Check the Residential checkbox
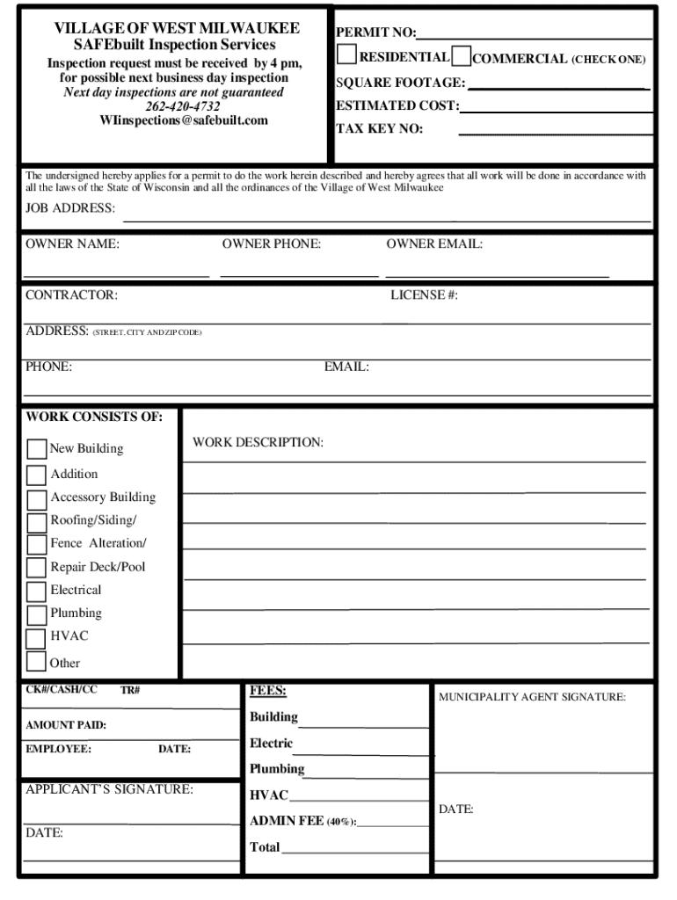[x=347, y=55]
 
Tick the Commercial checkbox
[x=462, y=58]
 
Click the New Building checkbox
[x=37, y=449]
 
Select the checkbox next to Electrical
[x=37, y=592]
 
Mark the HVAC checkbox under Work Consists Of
[x=37, y=637]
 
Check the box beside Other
[x=37, y=661]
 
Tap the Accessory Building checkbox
[x=37, y=499]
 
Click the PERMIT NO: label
[x=375, y=33]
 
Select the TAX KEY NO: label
[x=379, y=128]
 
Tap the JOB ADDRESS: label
[x=70, y=208]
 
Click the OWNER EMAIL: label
[x=434, y=244]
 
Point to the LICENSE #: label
[x=424, y=295]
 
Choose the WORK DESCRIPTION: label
[x=258, y=442]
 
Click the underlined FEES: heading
[x=268, y=691]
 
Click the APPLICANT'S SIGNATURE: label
[x=109, y=789]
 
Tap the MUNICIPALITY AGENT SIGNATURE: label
[x=532, y=697]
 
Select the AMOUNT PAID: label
[x=66, y=725]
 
